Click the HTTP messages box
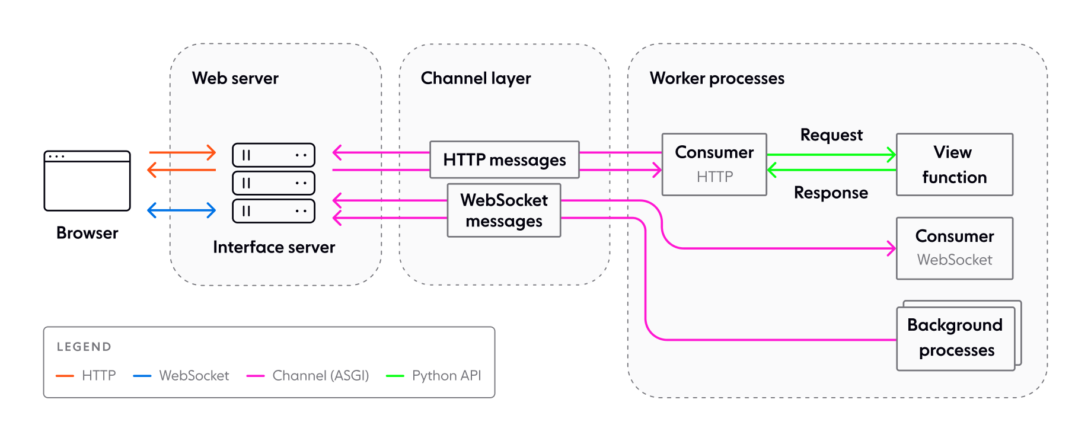pos(504,159)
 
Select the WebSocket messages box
pos(504,210)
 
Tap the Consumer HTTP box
pos(714,164)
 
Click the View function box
pos(954,164)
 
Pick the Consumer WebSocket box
pos(954,248)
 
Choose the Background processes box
pos(955,338)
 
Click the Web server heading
pos(235,78)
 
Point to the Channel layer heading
pos(476,78)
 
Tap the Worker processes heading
pos(716,78)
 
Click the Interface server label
pos(274,247)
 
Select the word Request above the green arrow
pos(831,135)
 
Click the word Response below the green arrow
pos(831,193)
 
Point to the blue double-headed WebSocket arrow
pos(181,210)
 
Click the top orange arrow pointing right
pos(181,152)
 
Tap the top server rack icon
pos(273,155)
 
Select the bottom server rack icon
pos(273,211)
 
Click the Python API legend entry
pos(446,376)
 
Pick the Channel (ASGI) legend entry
pos(320,376)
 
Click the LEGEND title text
pos(84,347)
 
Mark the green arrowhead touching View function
pos(892,155)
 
